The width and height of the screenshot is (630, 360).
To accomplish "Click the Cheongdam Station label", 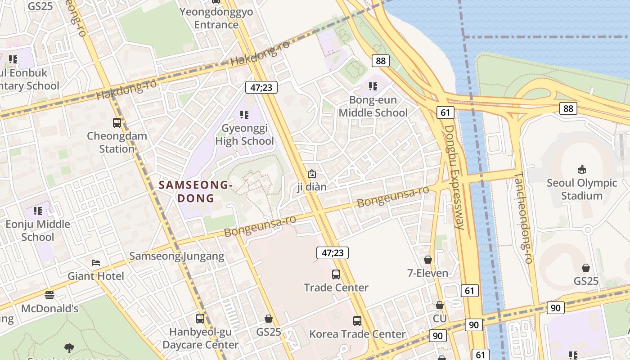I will [117, 142].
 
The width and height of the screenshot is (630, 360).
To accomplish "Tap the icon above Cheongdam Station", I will [117, 122].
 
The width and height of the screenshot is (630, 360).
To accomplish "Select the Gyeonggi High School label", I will [244, 135].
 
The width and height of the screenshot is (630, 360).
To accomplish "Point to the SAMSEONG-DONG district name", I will [196, 191].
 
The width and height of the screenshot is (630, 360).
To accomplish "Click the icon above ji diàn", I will [311, 173].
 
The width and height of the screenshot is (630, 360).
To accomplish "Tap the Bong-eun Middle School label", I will [373, 106].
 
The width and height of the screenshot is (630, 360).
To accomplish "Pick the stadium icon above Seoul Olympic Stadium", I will [581, 170].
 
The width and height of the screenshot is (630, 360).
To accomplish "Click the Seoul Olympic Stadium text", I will [581, 189].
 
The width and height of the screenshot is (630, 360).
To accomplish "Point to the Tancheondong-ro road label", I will [523, 218].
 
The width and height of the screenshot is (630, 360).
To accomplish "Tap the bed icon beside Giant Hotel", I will [95, 263].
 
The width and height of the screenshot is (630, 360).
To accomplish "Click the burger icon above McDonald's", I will [49, 295].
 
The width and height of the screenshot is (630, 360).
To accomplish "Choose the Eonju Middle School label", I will [38, 230].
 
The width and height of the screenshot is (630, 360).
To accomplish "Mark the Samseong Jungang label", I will [176, 256].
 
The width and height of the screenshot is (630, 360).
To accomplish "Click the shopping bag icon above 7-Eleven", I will [428, 260].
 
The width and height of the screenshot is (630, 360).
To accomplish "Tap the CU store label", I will [440, 319].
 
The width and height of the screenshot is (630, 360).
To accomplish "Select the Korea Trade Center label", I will [357, 334].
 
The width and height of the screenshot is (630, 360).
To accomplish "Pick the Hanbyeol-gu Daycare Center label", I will [200, 338].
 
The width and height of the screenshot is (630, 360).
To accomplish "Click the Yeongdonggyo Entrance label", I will [216, 18].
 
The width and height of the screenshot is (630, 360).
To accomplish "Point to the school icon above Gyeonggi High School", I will [244, 115].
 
